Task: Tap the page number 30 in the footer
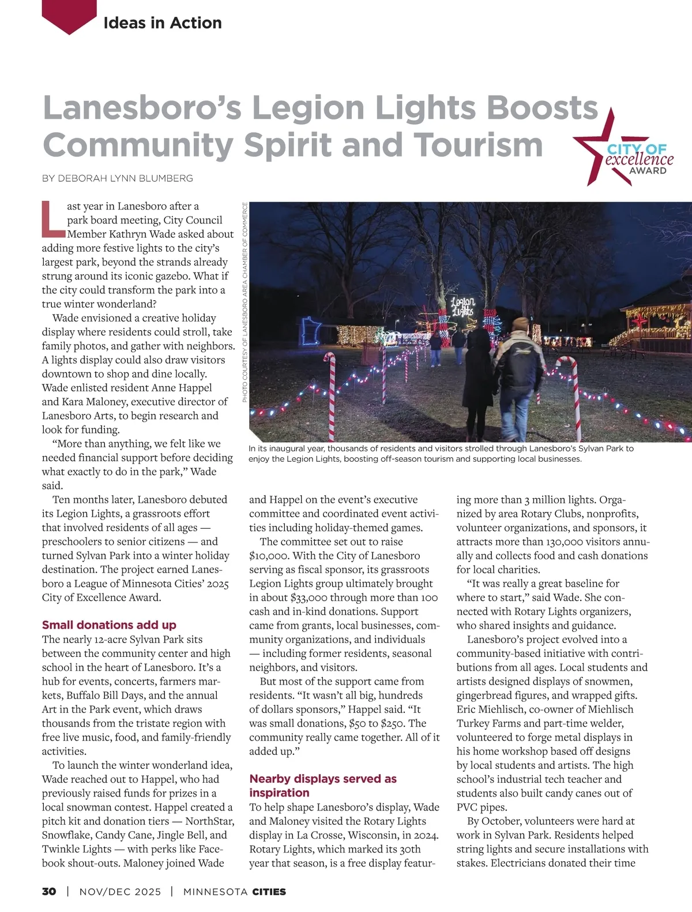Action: tap(49, 891)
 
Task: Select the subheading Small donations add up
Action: tap(109, 625)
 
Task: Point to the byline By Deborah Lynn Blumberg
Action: tap(117, 178)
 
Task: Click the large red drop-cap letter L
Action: tap(53, 219)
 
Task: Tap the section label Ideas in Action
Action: tap(162, 23)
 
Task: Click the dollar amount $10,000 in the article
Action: tap(269, 556)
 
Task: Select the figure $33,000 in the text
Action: tap(310, 597)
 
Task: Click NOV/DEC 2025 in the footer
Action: tap(120, 891)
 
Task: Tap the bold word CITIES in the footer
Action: tap(269, 891)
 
